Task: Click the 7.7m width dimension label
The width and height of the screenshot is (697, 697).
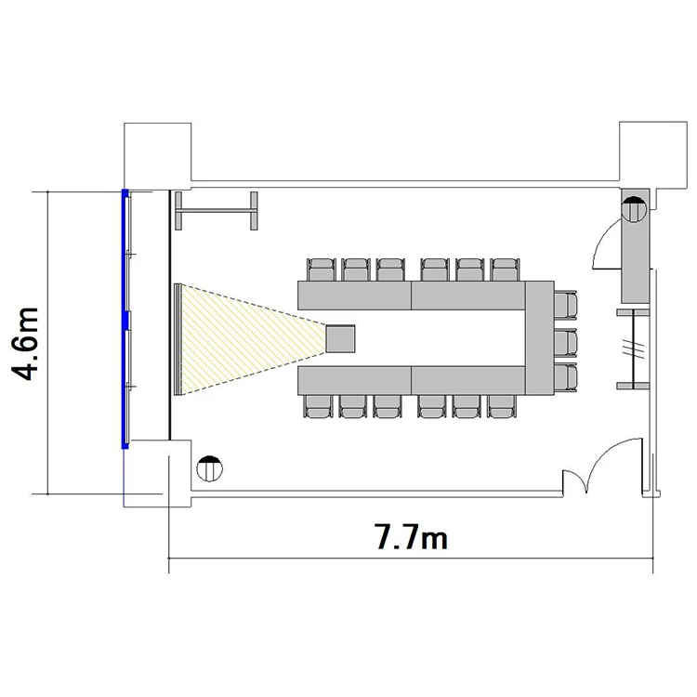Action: coord(412,537)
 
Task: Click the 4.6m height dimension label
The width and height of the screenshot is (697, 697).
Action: coord(26,344)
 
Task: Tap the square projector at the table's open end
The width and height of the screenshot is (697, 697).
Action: coord(340,338)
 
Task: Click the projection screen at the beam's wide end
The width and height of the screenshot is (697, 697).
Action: coord(178,339)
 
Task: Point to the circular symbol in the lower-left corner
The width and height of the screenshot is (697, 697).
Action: coord(209,468)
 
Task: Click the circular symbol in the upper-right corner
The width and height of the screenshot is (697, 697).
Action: coord(635,209)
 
